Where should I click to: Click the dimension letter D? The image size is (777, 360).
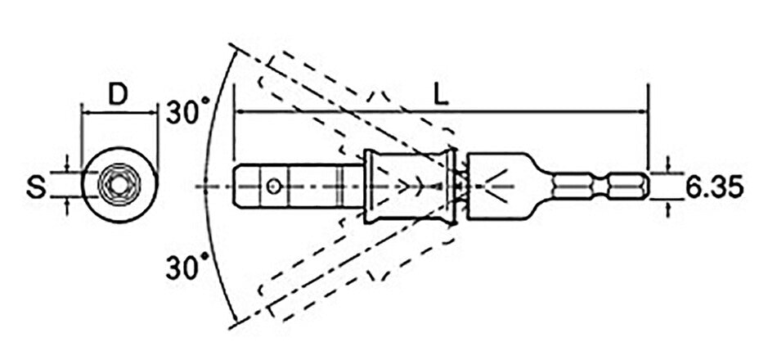click(119, 95)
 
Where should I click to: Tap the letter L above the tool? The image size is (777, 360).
click(440, 95)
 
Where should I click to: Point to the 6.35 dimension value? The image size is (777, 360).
click(713, 187)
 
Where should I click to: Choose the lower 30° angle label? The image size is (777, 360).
click(187, 267)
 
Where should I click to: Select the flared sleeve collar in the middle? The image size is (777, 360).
click(410, 187)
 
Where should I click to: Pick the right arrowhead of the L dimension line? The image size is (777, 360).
click(642, 110)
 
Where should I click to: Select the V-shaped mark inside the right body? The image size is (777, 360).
click(498, 187)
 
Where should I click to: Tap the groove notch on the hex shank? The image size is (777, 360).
click(609, 187)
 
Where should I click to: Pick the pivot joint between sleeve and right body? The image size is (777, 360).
click(461, 187)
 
